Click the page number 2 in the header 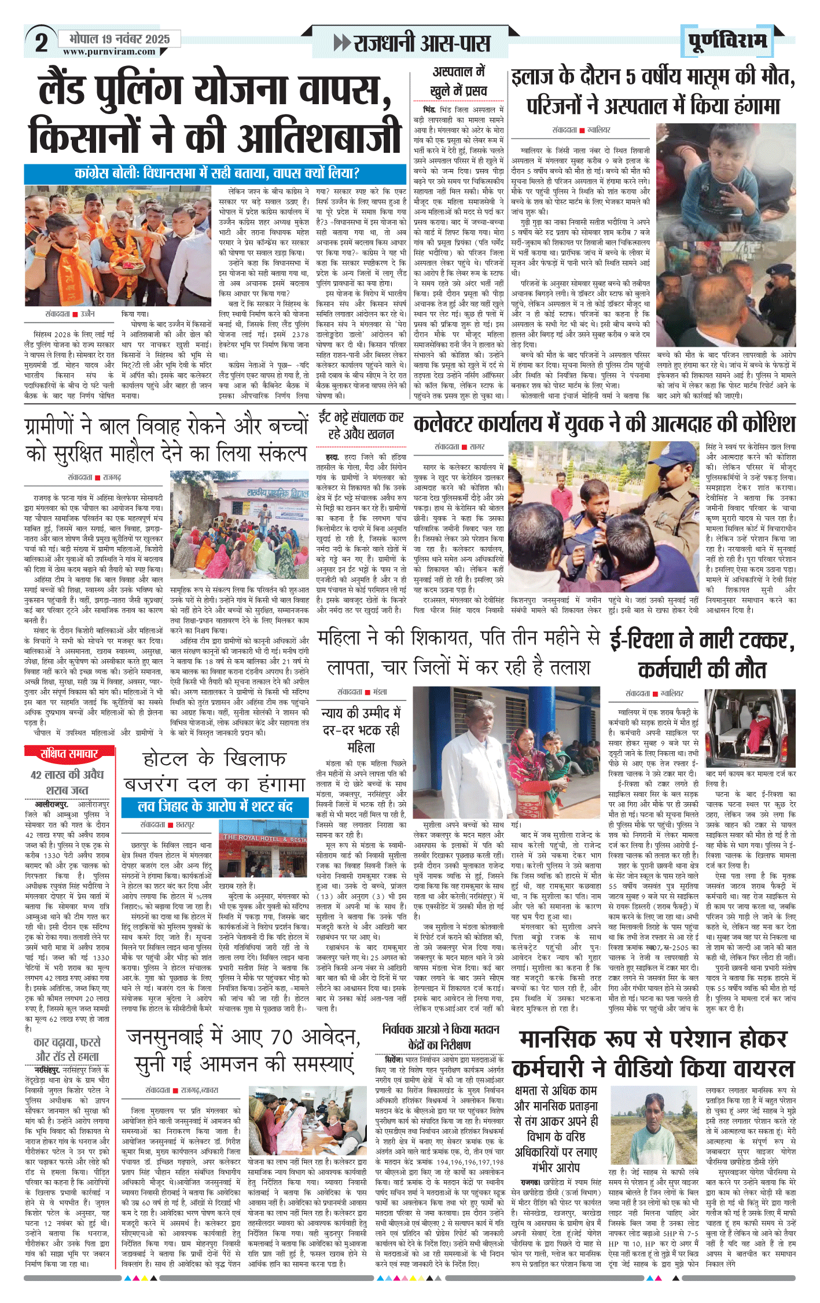[41, 43]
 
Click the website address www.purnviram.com [109, 52]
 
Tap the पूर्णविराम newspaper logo [728, 41]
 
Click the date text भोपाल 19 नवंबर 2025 [119, 39]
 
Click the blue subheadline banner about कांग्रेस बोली [215, 173]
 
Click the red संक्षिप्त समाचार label [69, 754]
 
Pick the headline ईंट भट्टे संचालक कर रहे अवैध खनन [361, 425]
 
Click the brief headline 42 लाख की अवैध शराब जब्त [67, 782]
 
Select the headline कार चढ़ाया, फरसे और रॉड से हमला [67, 1049]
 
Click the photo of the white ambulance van [750, 728]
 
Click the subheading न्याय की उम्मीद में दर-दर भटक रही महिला [361, 730]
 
